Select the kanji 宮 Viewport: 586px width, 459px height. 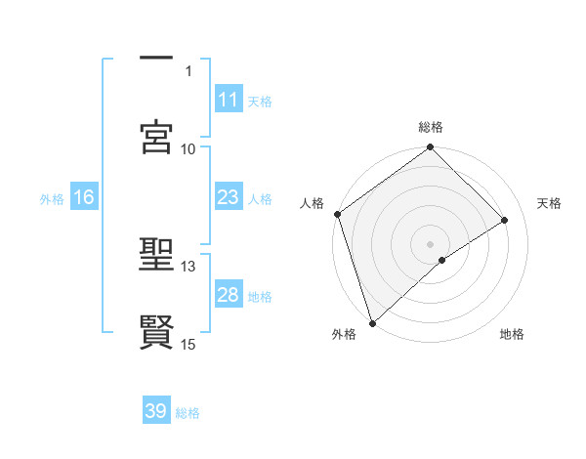(156, 136)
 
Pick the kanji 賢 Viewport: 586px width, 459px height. (156, 331)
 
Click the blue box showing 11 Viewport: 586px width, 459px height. (228, 99)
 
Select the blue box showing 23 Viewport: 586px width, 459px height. (228, 196)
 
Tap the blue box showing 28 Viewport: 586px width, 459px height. (228, 295)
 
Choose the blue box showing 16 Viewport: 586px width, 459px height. (83, 197)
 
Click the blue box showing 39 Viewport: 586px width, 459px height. (156, 411)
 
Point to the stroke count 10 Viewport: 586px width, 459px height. (188, 148)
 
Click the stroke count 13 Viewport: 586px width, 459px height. (188, 266)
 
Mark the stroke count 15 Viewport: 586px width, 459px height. (188, 344)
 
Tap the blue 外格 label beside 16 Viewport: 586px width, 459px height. (52, 198)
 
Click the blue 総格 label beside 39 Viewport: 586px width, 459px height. (188, 413)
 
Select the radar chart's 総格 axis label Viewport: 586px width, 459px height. (431, 127)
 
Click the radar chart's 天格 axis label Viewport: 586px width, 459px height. (550, 203)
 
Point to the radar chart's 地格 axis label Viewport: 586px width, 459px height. (512, 334)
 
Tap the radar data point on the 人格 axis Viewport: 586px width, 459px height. (337, 214)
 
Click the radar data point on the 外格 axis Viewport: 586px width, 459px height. (372, 322)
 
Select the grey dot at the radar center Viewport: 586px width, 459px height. (431, 243)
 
